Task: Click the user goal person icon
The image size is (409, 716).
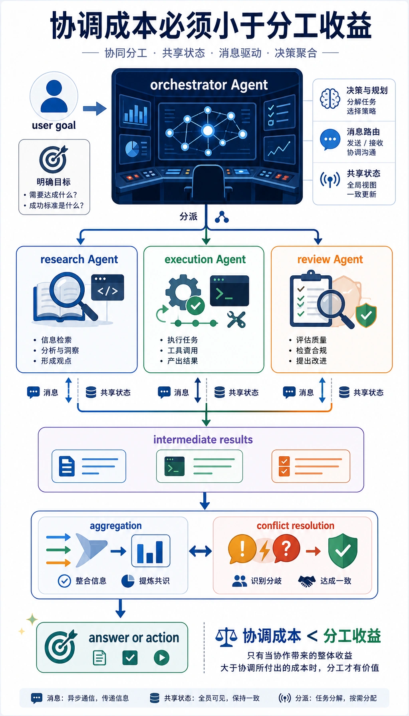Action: pos(54,96)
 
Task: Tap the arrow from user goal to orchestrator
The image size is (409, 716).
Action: pos(95,108)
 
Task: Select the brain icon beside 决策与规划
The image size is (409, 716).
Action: pos(330,98)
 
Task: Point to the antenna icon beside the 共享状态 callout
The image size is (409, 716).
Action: pos(330,180)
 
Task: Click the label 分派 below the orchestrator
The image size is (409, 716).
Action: pos(189,217)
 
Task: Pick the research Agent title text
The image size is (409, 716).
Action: pos(79,260)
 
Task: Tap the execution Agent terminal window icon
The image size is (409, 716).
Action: pos(230,291)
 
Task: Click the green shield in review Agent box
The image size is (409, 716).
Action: pos(366,315)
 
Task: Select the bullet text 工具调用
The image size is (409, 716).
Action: pos(183,350)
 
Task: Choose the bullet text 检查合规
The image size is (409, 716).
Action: pos(311,350)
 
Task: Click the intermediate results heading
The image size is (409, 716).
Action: pos(203,440)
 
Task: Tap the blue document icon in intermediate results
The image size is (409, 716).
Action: pos(67,466)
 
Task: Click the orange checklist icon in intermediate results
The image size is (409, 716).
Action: pos(284,466)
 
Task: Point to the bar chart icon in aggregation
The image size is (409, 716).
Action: pos(151,551)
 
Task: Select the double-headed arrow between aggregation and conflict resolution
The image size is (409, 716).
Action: pos(201,551)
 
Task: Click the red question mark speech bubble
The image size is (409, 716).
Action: pos(286,549)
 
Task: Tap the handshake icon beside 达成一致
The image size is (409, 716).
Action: pos(307,581)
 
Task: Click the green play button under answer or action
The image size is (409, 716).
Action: pos(161,658)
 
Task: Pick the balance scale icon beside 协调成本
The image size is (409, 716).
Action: pos(226,637)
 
